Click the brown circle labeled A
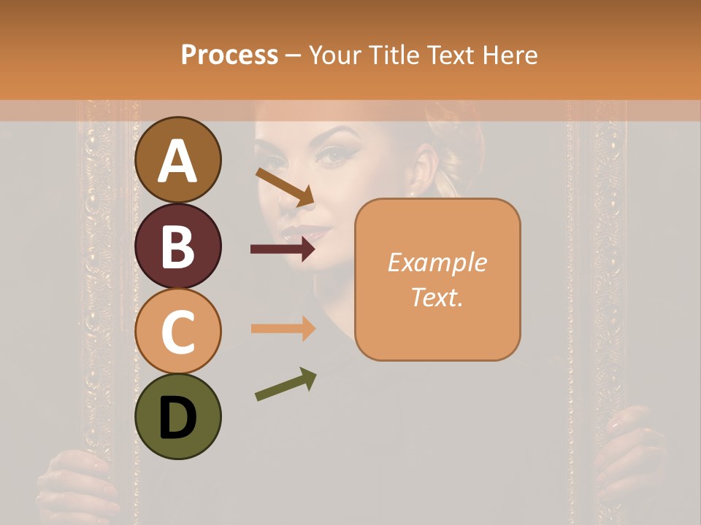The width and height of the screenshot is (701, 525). (x=178, y=160)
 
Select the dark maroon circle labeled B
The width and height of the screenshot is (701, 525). (x=178, y=246)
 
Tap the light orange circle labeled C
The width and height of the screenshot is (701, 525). (x=178, y=331)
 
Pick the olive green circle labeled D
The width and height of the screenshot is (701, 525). (x=178, y=416)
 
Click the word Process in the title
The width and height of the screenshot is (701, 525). (x=229, y=55)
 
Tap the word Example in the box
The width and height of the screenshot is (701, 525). (x=437, y=262)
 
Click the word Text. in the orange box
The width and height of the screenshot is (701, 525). (x=437, y=297)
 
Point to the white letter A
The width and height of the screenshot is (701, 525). (x=178, y=160)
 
